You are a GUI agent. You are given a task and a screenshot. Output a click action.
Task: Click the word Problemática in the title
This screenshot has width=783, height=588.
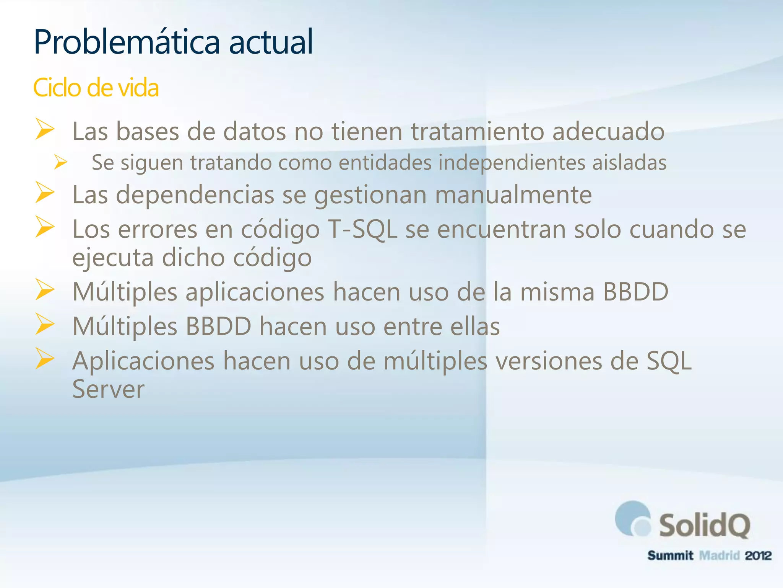[x=127, y=42]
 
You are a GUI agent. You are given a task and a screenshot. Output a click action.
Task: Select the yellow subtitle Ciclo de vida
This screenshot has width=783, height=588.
[x=96, y=88]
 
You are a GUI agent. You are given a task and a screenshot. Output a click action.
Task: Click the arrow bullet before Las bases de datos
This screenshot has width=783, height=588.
[x=45, y=129]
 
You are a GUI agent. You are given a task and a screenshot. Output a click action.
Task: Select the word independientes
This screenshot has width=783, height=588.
[x=512, y=162]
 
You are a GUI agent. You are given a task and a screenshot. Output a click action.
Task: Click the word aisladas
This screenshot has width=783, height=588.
[x=629, y=162]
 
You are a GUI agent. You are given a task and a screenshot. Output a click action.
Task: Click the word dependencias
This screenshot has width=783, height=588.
[x=195, y=195]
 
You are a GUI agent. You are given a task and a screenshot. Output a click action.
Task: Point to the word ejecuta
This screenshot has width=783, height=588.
[x=113, y=258]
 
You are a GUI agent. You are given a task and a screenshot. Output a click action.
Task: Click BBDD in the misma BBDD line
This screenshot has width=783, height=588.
[x=635, y=292]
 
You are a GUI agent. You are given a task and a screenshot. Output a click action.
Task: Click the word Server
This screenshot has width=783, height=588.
[x=109, y=389]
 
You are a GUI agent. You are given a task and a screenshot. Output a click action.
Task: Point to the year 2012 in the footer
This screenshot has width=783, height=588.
[x=758, y=555]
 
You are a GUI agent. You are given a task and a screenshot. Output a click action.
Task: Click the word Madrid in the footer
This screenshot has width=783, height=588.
[x=719, y=555]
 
